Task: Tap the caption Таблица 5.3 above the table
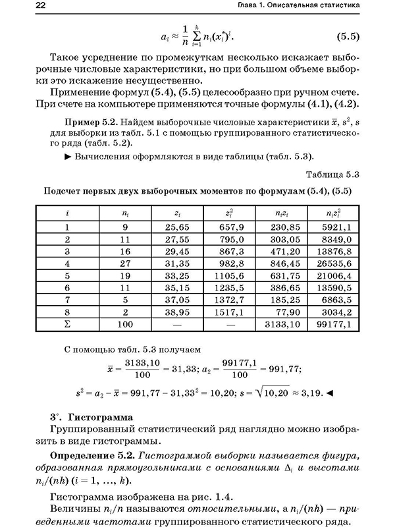pyautogui.click(x=332, y=175)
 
